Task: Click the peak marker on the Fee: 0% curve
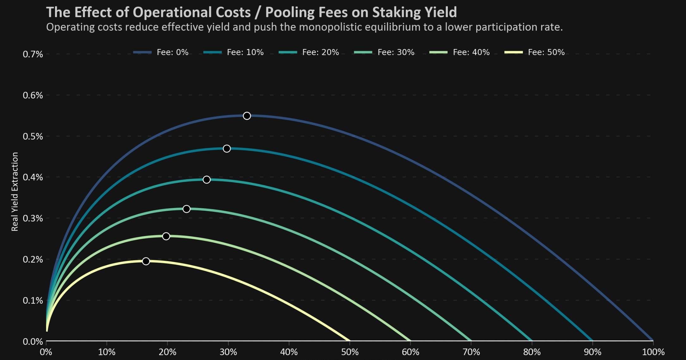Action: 247,116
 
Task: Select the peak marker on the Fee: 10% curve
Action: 227,149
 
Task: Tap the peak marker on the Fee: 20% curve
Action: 207,180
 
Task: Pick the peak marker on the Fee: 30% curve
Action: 187,209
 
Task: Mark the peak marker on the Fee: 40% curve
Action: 166,236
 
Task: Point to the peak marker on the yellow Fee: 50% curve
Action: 146,261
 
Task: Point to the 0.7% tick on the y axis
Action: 33,54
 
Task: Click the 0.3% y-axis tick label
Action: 33,218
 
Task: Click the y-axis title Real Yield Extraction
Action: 15,192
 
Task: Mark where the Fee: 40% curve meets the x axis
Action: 410,340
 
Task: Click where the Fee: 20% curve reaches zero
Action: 532,340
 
